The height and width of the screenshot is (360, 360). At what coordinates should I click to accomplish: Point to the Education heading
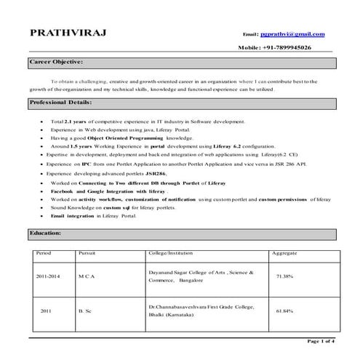49,233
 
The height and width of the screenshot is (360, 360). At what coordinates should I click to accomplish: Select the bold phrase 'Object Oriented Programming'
135,135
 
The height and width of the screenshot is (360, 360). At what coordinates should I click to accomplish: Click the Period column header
43,252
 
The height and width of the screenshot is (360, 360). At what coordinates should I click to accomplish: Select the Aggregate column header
284,252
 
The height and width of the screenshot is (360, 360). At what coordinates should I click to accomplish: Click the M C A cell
87,276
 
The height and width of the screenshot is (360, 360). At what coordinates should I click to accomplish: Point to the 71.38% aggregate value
284,276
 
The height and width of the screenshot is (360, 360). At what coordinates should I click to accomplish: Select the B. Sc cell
84,311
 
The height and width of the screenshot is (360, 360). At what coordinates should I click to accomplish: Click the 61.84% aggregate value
284,311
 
